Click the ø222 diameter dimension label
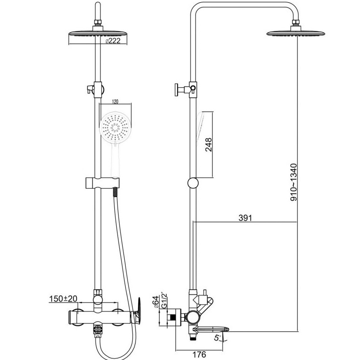(113, 41)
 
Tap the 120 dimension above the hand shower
(115, 102)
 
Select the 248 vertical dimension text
(209, 145)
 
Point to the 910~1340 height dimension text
(294, 182)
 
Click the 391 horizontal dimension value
(245, 218)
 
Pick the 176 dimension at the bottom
(199, 354)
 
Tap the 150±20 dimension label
(63, 298)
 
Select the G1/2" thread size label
(164, 301)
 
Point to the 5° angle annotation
(217, 338)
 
